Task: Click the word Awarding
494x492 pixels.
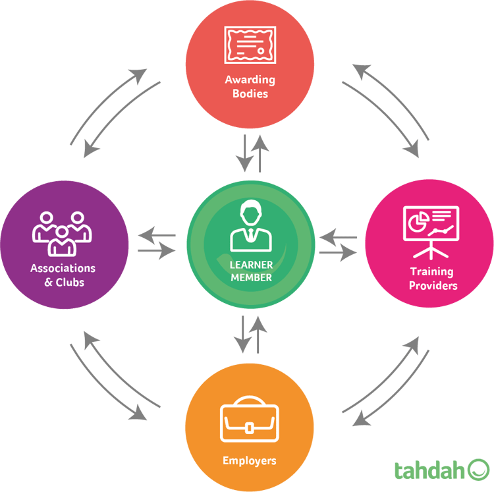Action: pyautogui.click(x=250, y=80)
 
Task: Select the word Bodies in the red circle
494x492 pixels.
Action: pyautogui.click(x=250, y=94)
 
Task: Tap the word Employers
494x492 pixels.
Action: pyautogui.click(x=249, y=460)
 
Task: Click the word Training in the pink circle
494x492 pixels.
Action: pyautogui.click(x=431, y=271)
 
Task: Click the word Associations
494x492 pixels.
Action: pyautogui.click(x=63, y=268)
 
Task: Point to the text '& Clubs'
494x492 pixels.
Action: pyautogui.click(x=64, y=282)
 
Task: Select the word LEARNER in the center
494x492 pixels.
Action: pyautogui.click(x=251, y=265)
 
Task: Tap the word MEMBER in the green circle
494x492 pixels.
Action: pyautogui.click(x=251, y=277)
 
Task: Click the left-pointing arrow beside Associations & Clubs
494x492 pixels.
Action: pyautogui.click(x=155, y=235)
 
